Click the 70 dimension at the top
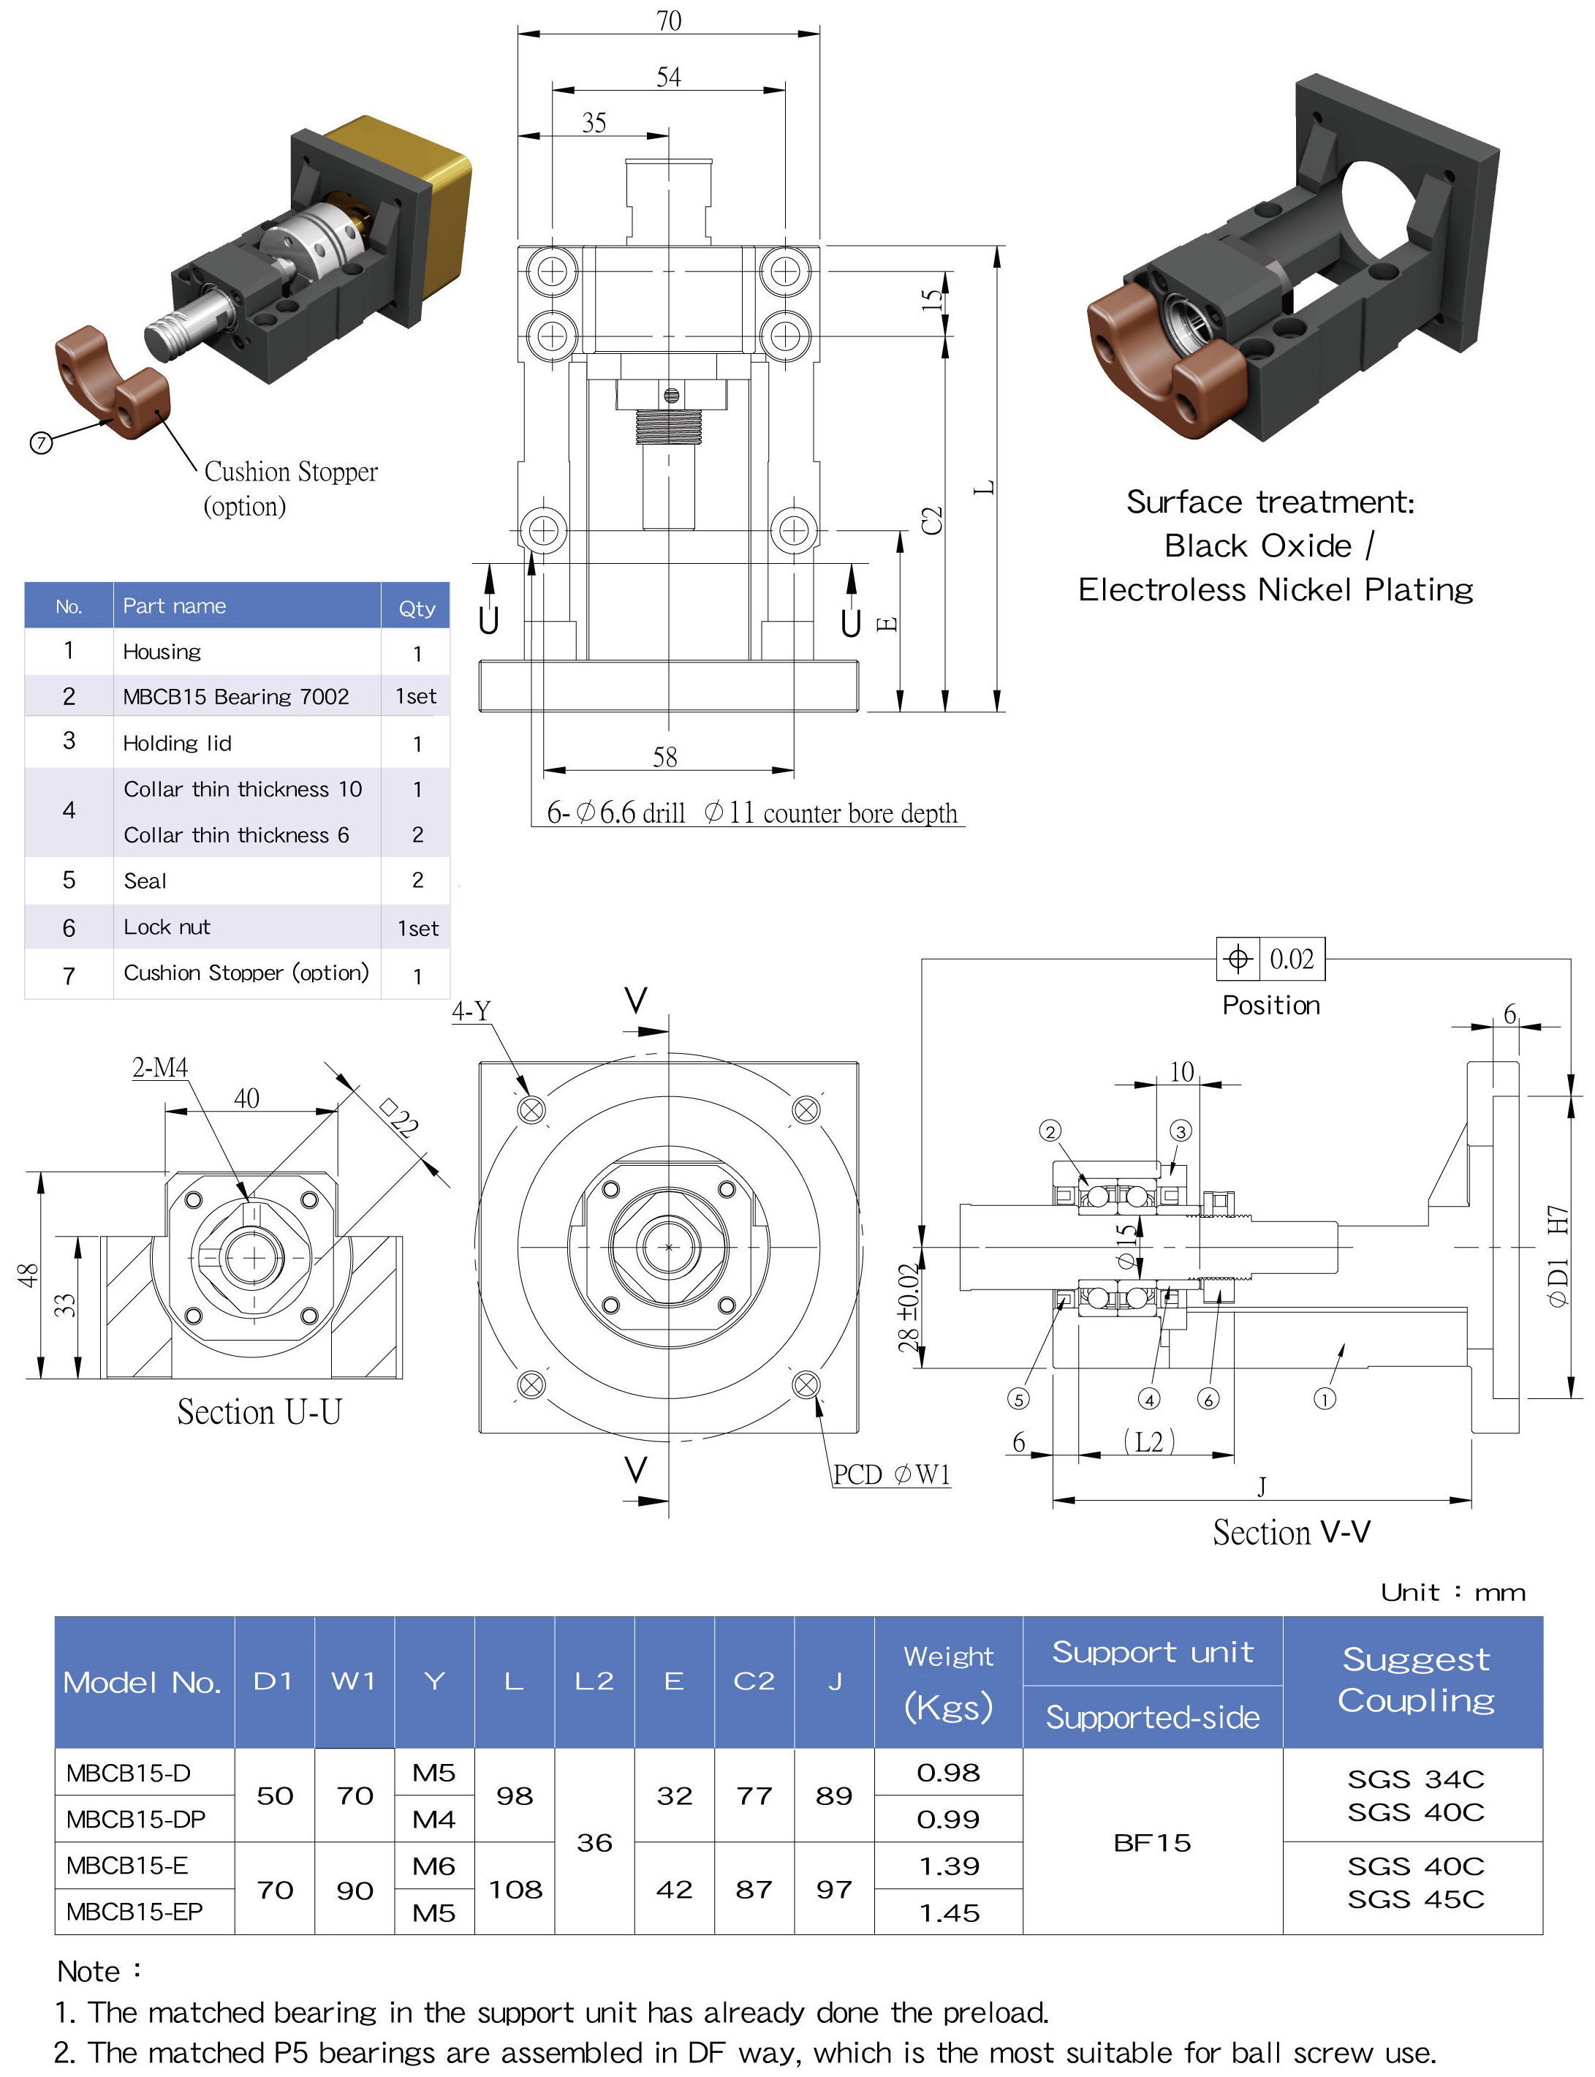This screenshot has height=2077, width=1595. (668, 21)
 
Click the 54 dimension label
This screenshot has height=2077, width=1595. (668, 77)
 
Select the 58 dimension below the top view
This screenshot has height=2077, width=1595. (664, 757)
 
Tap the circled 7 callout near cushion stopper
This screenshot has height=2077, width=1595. (41, 442)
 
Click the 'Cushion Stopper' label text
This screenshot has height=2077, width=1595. (290, 472)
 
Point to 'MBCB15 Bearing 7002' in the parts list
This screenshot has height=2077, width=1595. (235, 697)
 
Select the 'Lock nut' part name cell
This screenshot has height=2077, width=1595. (167, 928)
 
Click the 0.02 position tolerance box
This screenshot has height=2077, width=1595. (1291, 960)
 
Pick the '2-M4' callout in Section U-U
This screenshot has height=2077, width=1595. (159, 1068)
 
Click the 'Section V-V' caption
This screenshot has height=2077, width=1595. (1291, 1533)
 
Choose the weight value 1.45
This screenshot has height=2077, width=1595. (949, 1912)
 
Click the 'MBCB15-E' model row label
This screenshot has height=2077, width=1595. (127, 1866)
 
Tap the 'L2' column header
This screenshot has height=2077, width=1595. (594, 1682)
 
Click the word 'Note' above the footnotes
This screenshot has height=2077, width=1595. (88, 1972)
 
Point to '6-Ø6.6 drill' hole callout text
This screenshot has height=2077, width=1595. (615, 814)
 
